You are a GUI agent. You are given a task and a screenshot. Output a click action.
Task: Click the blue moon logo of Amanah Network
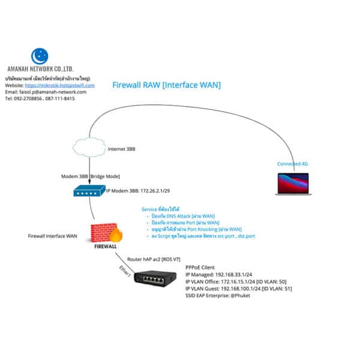(39, 56)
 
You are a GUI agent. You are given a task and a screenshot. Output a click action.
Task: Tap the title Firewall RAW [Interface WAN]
(166, 85)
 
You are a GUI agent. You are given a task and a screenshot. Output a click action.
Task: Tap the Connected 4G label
(292, 164)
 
